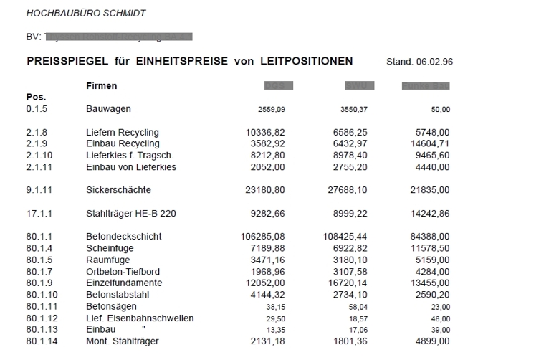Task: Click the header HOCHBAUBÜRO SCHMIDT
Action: point(85,13)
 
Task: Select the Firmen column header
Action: point(101,86)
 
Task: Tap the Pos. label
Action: point(36,97)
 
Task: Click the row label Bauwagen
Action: point(108,109)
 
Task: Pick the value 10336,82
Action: point(265,133)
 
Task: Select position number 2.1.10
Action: point(39,156)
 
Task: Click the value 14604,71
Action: point(428,144)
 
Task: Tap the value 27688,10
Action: point(347,190)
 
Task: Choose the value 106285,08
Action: point(263,237)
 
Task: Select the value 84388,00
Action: point(428,237)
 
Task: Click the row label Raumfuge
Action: point(106,260)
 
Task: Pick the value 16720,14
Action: point(347,283)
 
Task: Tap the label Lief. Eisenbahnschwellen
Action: point(140,318)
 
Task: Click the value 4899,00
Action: point(432,341)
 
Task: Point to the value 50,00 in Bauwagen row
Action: point(440,110)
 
